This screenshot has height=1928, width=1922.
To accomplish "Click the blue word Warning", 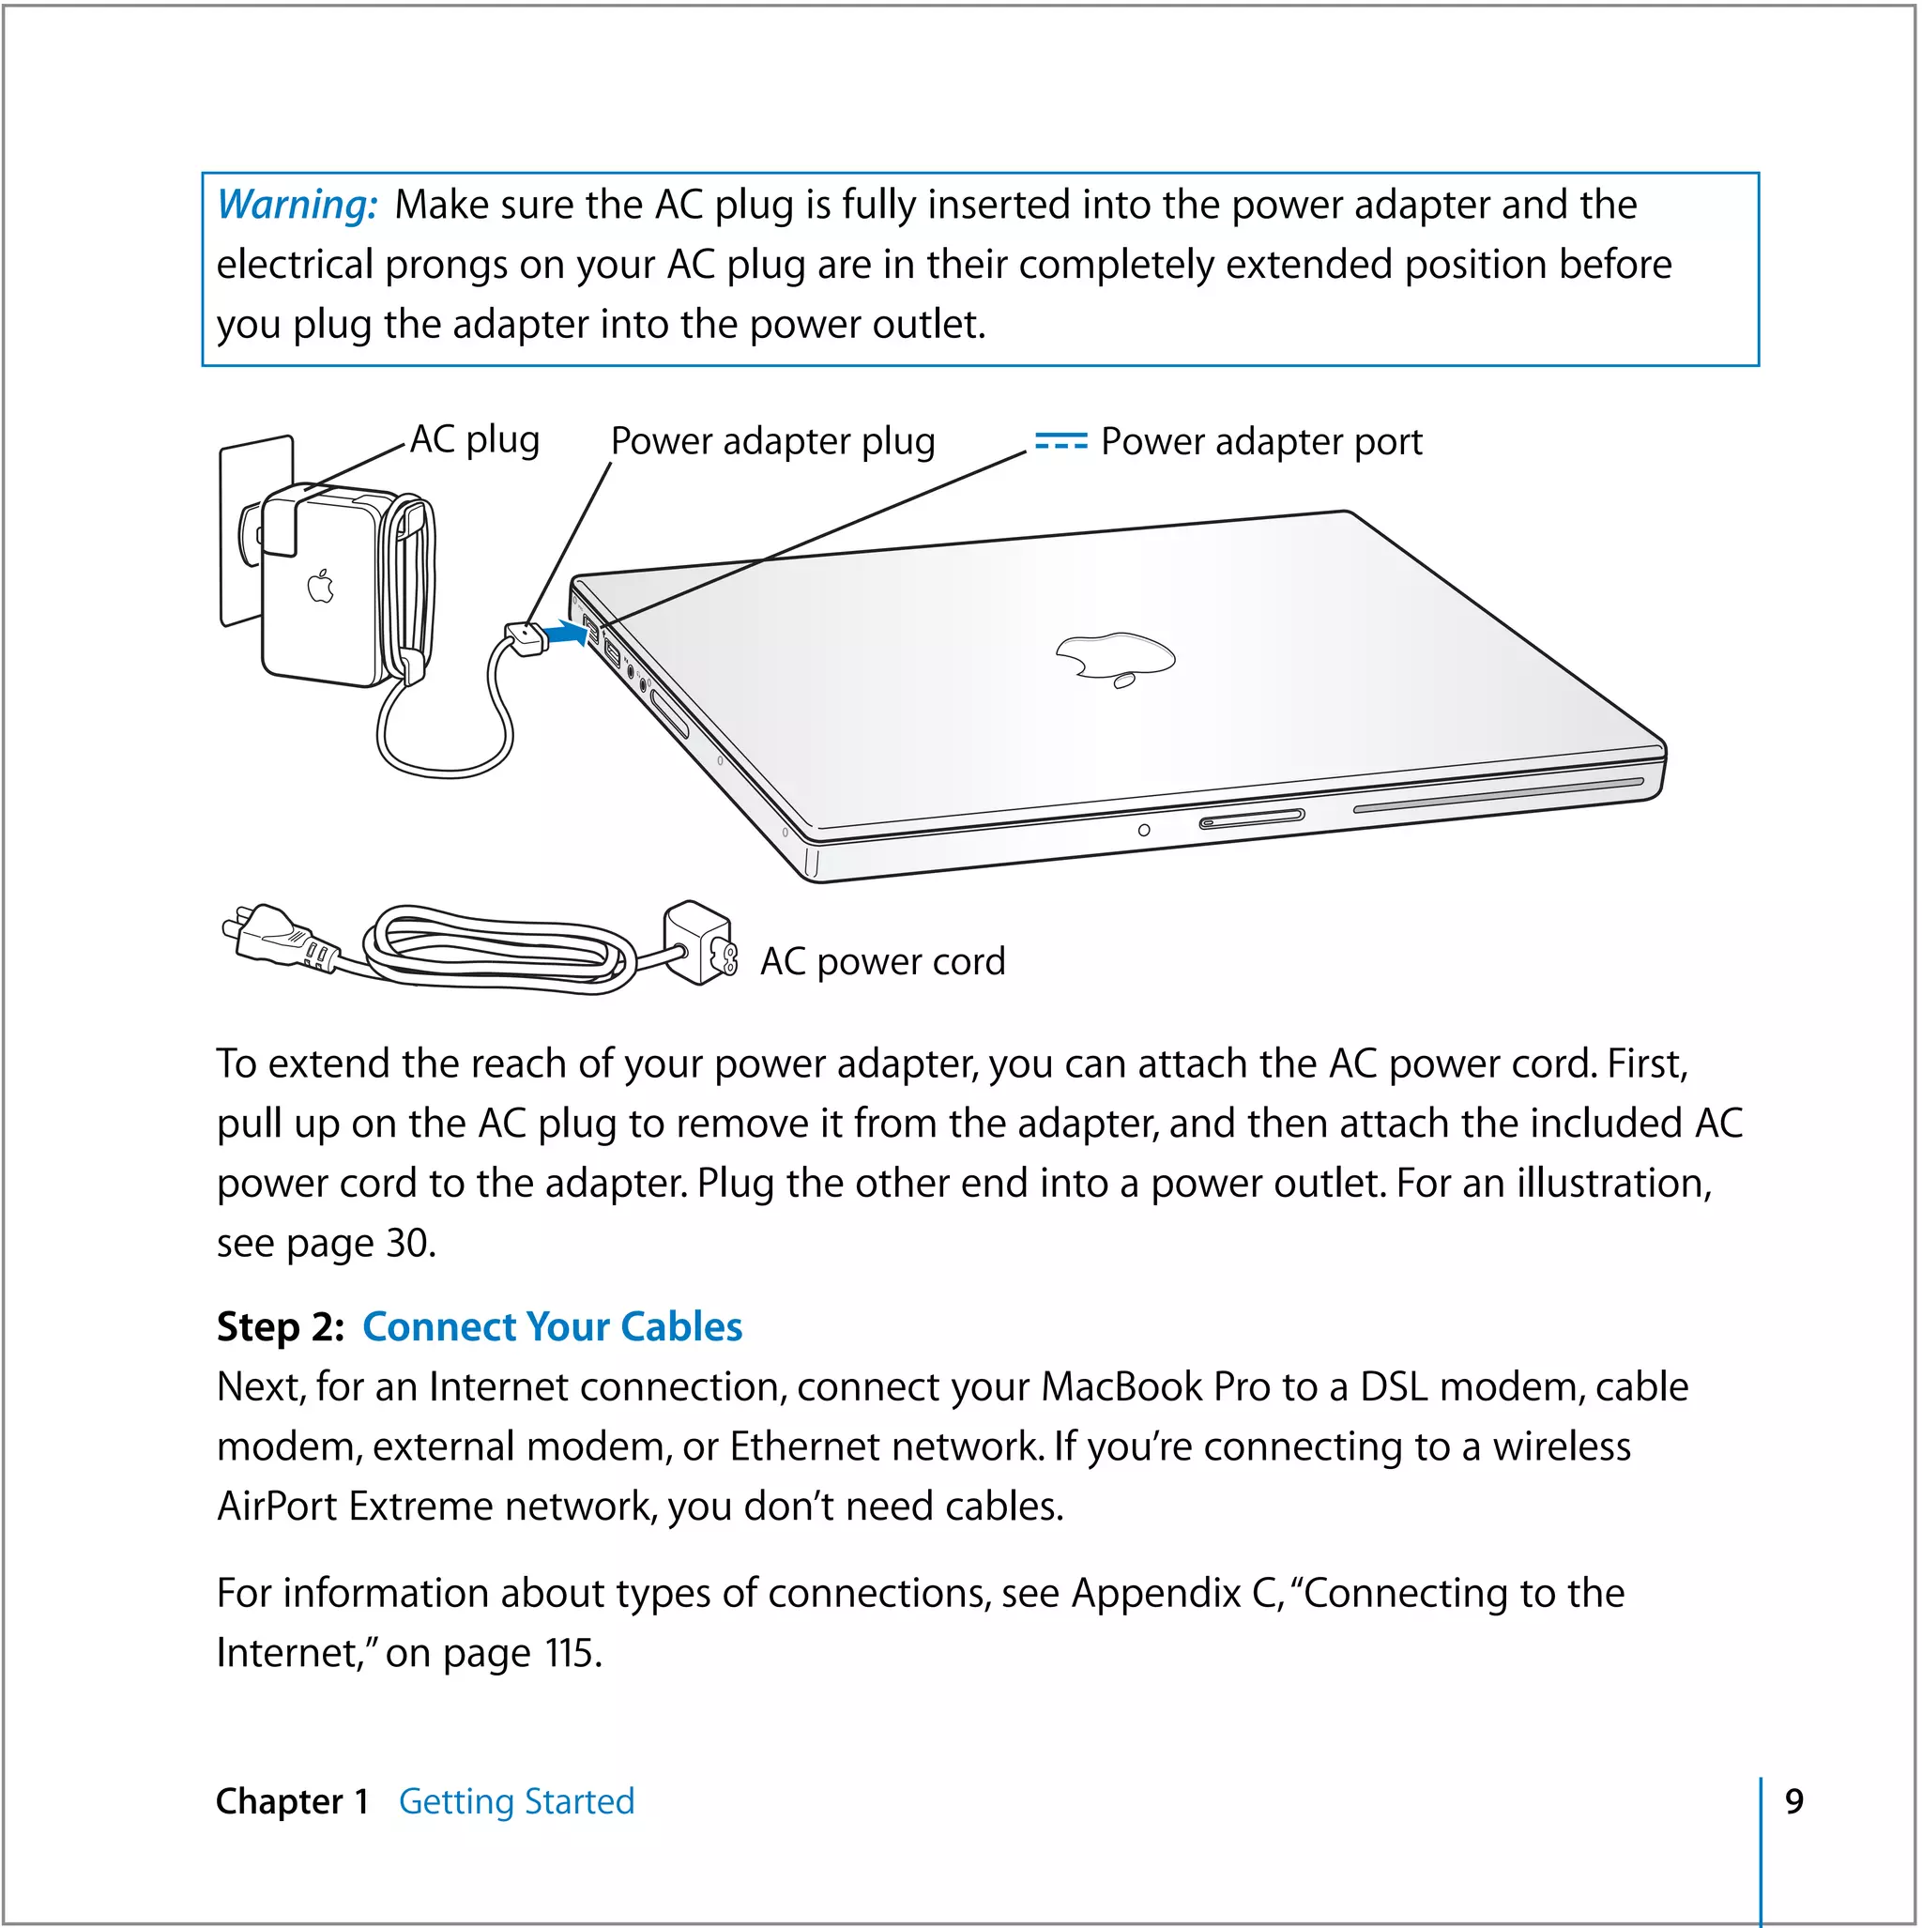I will pos(297,205).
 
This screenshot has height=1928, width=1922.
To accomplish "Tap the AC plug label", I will pos(475,440).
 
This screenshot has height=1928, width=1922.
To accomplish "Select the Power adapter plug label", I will pos(772,441).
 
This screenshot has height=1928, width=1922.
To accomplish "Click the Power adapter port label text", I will pos(1261,442).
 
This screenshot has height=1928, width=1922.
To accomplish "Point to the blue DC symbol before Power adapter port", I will pos(1060,441).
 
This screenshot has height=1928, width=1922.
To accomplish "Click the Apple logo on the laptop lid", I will pos(1115,658).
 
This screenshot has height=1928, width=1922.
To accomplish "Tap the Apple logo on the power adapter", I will pos(320,587).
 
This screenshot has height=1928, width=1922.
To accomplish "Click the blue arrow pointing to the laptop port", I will pos(569,633).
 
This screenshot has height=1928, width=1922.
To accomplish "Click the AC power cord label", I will pos(882,962).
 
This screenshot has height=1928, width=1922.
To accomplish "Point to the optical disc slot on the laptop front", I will pos(1497,794).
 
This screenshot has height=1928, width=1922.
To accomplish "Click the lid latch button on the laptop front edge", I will pos(1251,819).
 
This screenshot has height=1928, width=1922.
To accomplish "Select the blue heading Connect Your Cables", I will pos(552,1327).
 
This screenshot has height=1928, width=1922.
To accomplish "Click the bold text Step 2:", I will pos(281,1327).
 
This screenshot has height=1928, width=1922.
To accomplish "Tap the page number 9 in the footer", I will pos(1793,1801).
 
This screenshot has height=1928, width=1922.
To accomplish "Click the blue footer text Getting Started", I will pos(516,1801).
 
